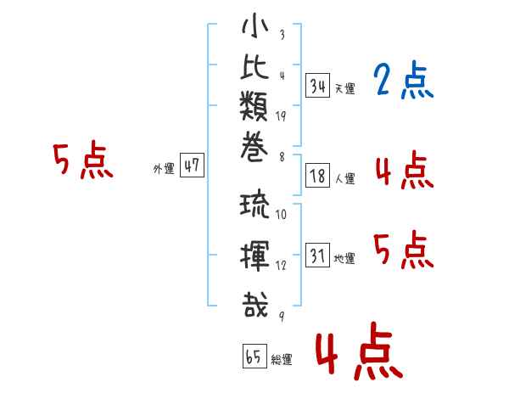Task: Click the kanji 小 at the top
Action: (x=255, y=26)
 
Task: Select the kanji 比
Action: (x=255, y=66)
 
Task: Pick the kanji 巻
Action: (x=255, y=147)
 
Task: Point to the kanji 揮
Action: (x=255, y=256)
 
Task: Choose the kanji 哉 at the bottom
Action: (x=255, y=304)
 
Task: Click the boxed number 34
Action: (x=318, y=86)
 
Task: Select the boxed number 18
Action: (x=318, y=176)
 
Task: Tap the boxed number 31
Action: (x=318, y=255)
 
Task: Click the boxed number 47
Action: (x=192, y=165)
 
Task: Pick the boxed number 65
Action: (x=255, y=356)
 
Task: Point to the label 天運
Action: (x=345, y=88)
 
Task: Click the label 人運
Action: (x=345, y=178)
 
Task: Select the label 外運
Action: (x=164, y=169)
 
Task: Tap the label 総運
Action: (x=282, y=359)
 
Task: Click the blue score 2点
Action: (x=404, y=80)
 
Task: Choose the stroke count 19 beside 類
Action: (x=281, y=116)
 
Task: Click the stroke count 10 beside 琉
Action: (x=281, y=215)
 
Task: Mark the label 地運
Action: (x=344, y=259)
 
